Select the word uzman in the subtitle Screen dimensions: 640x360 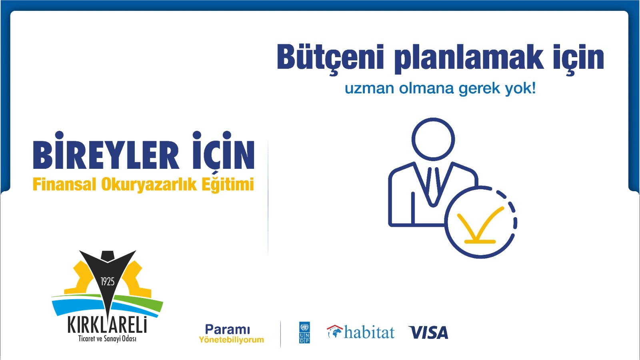[370, 89]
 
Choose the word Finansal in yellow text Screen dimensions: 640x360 [64, 184]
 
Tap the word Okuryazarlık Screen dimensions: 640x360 [149, 185]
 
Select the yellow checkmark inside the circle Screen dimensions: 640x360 [480, 226]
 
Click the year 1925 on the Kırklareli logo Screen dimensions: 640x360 [108, 282]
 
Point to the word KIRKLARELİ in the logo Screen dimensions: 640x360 [107, 326]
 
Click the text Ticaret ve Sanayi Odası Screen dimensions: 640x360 [107, 339]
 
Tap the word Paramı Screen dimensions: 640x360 [228, 330]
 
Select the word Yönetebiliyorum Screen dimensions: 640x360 [232, 340]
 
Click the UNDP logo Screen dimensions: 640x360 [304, 332]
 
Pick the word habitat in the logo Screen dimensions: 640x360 [369, 332]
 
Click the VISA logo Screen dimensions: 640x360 [428, 332]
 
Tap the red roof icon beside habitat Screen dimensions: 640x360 [334, 328]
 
